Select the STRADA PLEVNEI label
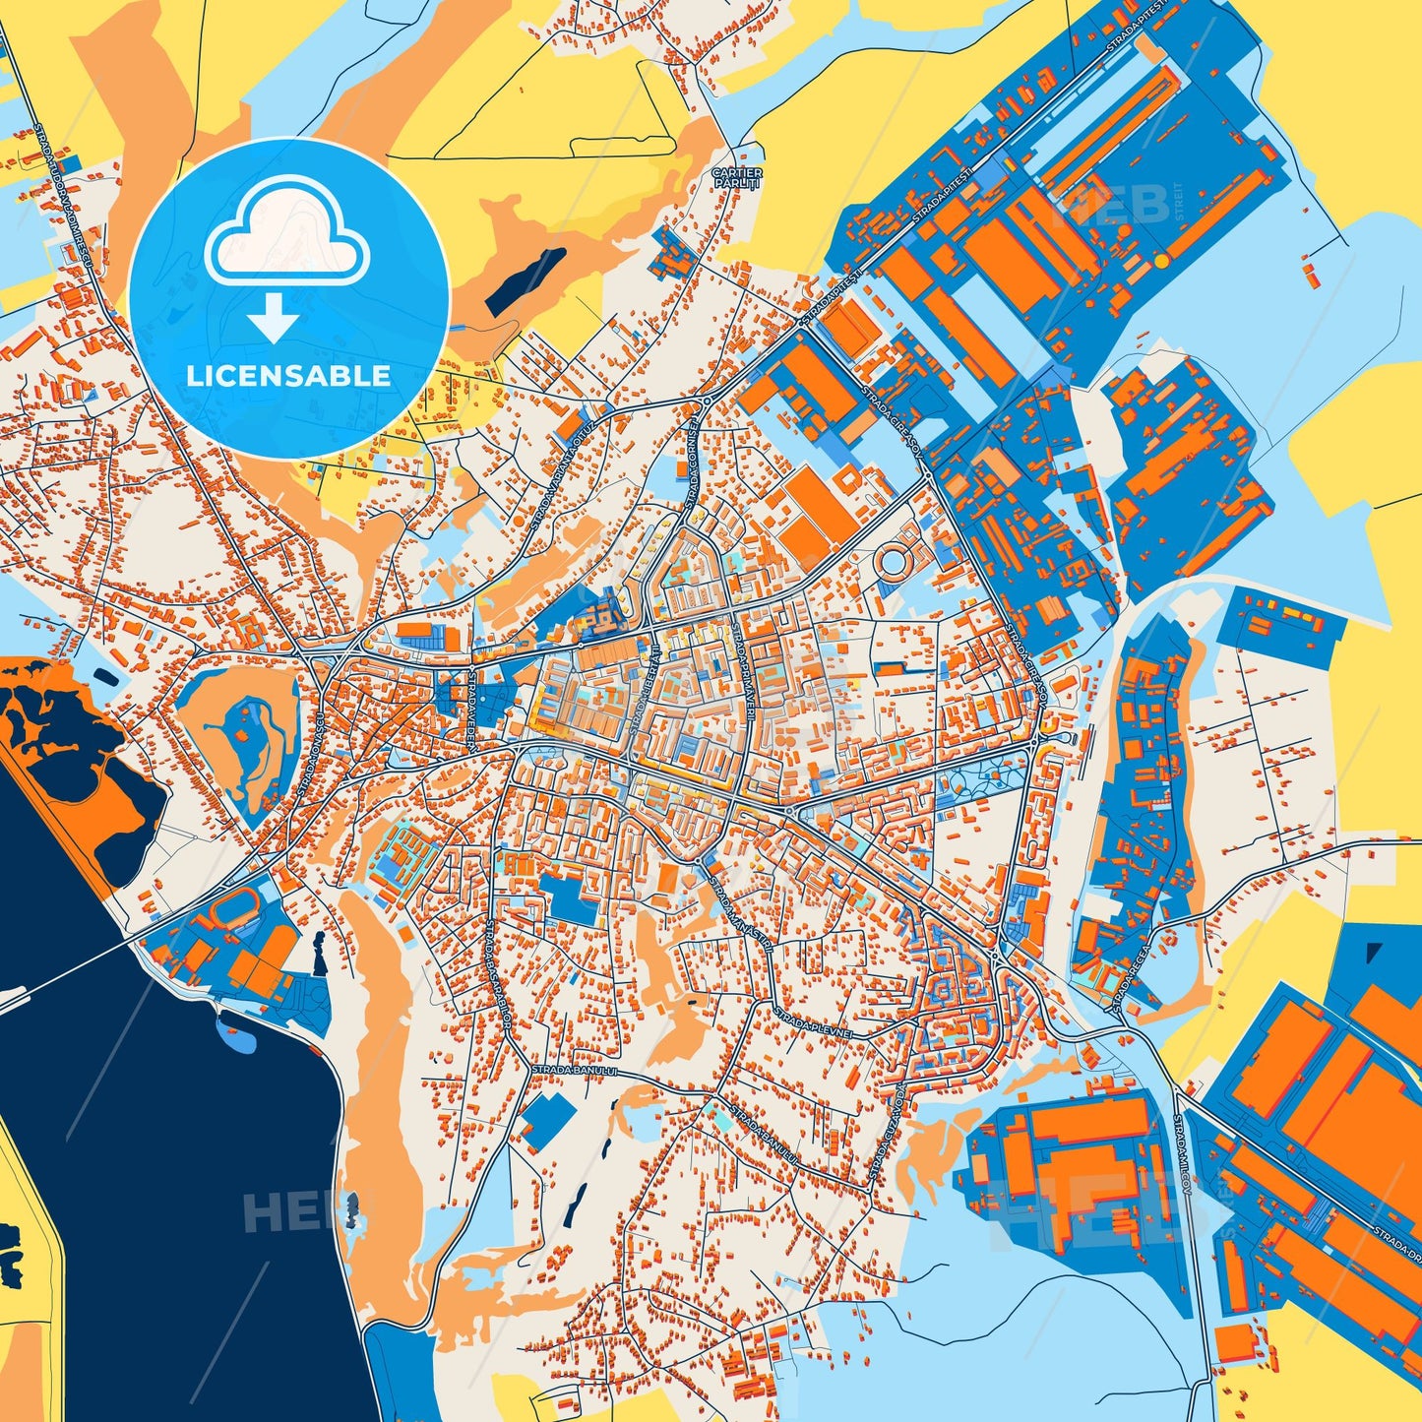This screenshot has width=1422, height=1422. point(808,1020)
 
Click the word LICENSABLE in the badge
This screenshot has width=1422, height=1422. point(289,376)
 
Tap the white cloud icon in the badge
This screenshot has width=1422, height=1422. point(286,233)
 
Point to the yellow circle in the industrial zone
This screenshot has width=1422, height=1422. point(1161,261)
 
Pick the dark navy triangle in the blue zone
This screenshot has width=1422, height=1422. point(1375,953)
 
